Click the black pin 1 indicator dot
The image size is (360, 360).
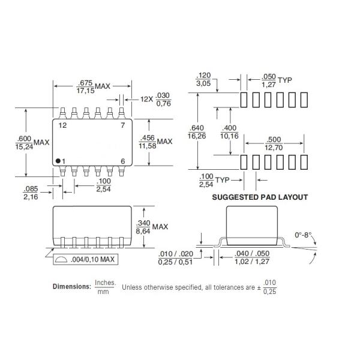[59, 160]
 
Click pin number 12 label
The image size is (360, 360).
[62, 125]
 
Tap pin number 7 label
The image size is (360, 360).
[122, 125]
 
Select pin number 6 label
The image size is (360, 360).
[122, 160]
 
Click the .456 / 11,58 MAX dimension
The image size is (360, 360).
[155, 142]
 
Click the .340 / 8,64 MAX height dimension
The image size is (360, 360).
[155, 227]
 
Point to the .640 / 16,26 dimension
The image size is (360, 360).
[196, 132]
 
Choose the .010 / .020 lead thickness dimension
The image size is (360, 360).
[178, 257]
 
